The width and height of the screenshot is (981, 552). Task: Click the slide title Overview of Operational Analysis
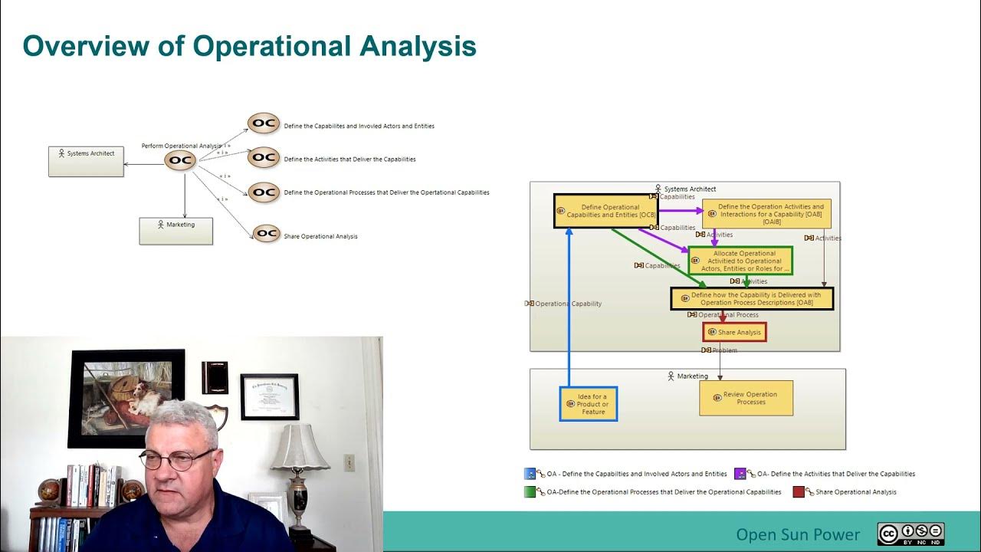249,46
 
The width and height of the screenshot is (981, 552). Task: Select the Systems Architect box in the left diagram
86,161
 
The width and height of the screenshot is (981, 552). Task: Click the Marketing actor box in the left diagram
176,231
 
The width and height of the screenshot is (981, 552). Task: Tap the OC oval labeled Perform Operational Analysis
181,160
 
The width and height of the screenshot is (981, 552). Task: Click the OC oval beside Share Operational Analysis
266,234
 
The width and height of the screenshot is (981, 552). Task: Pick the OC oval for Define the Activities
264,157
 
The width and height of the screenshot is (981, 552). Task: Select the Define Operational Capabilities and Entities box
605,211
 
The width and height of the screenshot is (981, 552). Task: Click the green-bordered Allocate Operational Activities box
740,261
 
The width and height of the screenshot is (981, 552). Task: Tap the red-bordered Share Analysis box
734,332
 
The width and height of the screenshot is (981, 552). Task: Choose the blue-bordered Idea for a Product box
588,404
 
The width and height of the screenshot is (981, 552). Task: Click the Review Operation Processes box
746,398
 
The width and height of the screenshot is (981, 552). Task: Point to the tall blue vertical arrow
569,307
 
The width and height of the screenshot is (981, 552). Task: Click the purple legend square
740,474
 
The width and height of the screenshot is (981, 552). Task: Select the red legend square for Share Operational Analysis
799,491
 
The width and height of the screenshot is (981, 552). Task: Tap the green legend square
530,491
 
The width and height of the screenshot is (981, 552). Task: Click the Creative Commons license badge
910,534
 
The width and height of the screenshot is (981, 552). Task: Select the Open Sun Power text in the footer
797,534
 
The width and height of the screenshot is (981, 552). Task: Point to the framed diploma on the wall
269,396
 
